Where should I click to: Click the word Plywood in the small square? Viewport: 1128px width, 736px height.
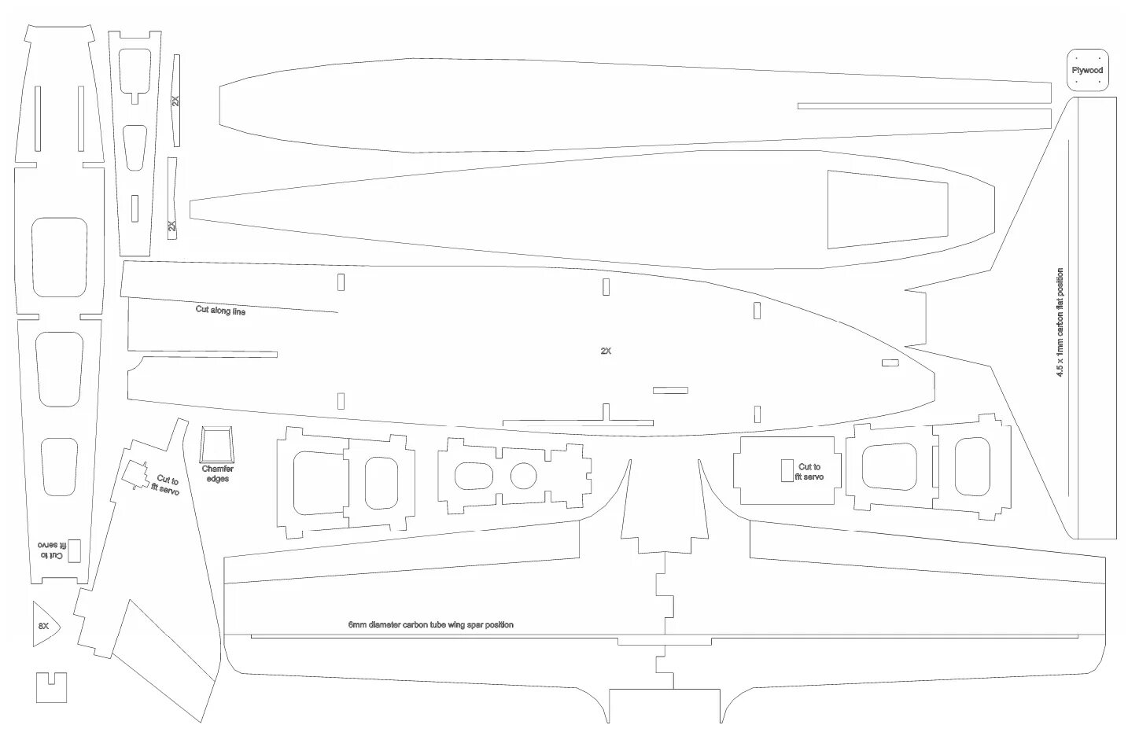[1087, 71]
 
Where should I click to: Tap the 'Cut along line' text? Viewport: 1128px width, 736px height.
[220, 311]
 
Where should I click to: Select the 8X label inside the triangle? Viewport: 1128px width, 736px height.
[43, 626]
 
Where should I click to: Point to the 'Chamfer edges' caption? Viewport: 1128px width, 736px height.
[217, 474]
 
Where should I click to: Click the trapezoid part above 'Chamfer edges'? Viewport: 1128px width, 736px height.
[217, 445]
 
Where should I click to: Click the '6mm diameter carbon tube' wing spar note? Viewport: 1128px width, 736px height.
[430, 625]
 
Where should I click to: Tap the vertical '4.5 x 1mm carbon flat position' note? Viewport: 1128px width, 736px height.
[1060, 322]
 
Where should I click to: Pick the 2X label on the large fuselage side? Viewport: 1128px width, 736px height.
[606, 351]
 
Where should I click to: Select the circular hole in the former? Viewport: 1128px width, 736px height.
[523, 475]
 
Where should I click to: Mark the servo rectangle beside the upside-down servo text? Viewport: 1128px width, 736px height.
[74, 550]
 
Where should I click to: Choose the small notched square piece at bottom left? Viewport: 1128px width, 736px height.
[51, 687]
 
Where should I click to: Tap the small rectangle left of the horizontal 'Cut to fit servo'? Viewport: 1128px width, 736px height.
[787, 470]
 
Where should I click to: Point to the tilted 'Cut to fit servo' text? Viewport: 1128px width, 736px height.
[166, 485]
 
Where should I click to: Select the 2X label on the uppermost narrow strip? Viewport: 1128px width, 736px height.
[175, 101]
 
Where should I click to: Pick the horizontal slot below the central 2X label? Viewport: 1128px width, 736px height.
[670, 390]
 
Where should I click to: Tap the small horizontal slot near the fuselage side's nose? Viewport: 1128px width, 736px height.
[890, 363]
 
